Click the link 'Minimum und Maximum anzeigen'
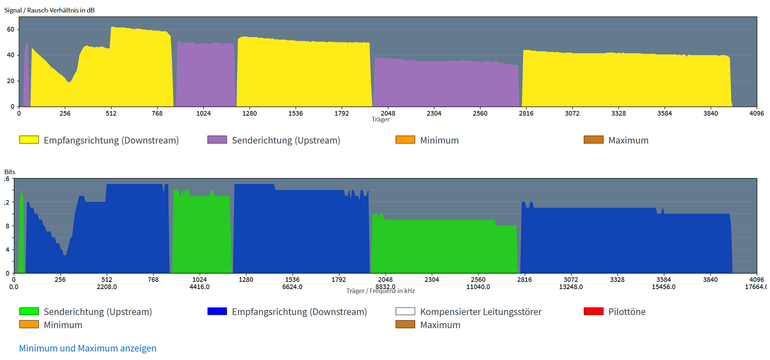(87, 348)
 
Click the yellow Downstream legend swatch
(29, 140)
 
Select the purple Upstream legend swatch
(217, 140)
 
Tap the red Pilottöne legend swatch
(594, 311)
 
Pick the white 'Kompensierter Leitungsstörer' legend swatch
(405, 311)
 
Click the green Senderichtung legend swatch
(29, 311)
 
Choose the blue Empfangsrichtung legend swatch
(217, 311)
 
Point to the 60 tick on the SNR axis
(10, 29)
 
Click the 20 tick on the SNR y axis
(10, 81)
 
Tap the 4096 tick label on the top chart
(756, 113)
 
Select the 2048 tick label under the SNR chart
(388, 113)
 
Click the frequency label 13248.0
(571, 287)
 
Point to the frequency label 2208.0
(107, 287)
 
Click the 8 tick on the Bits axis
(7, 226)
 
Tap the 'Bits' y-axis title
(10, 172)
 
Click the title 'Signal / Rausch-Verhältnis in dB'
(49, 10)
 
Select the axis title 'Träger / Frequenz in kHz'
(381, 291)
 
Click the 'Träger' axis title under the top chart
(381, 119)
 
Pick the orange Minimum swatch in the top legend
(405, 140)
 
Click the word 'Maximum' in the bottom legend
(440, 325)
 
